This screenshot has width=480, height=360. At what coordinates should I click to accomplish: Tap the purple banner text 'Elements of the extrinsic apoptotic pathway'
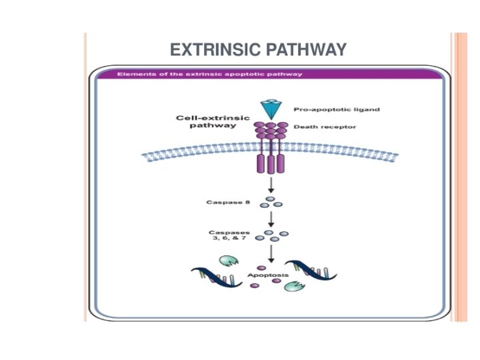(209, 74)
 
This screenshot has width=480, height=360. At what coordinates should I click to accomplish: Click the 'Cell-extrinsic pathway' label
(213, 122)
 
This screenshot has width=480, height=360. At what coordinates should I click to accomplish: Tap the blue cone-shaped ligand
(271, 109)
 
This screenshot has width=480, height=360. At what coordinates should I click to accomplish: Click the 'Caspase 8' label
(227, 201)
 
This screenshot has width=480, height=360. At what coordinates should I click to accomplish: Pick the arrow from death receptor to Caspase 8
(271, 184)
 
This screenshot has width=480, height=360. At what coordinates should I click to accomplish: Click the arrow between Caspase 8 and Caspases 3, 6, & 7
(271, 218)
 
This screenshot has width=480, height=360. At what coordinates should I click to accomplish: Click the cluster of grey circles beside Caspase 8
(271, 201)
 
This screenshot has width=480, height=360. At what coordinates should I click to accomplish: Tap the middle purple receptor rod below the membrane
(271, 163)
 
